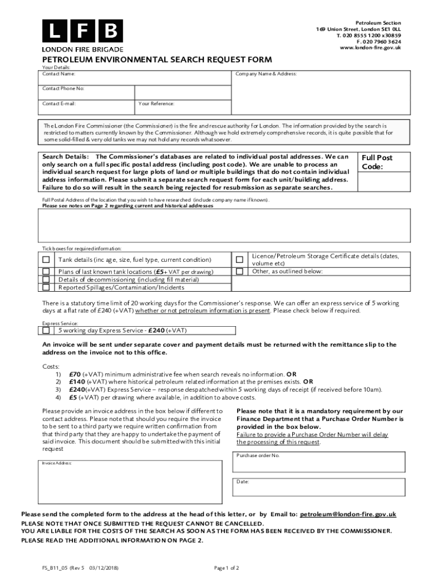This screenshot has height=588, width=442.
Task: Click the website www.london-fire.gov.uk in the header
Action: pyautogui.click(x=370, y=48)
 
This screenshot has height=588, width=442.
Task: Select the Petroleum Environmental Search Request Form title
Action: pyautogui.click(x=156, y=60)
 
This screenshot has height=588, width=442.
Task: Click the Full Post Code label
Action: pyautogui.click(x=377, y=162)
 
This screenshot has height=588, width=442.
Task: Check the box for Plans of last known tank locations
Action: pyautogui.click(x=45, y=272)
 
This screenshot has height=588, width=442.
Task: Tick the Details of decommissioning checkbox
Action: pyautogui.click(x=45, y=280)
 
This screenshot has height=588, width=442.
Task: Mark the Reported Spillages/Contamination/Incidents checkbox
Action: pyautogui.click(x=45, y=287)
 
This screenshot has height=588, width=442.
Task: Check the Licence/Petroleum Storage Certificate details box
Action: pyautogui.click(x=239, y=260)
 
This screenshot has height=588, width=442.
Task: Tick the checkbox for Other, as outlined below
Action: pyautogui.click(x=239, y=271)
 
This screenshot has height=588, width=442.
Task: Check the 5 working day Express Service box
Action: pyautogui.click(x=45, y=330)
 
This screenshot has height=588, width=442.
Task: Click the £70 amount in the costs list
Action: pyautogui.click(x=76, y=373)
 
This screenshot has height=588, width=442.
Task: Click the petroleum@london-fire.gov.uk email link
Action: pyautogui.click(x=348, y=514)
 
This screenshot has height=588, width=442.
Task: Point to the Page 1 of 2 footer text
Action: pyautogui.click(x=226, y=568)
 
